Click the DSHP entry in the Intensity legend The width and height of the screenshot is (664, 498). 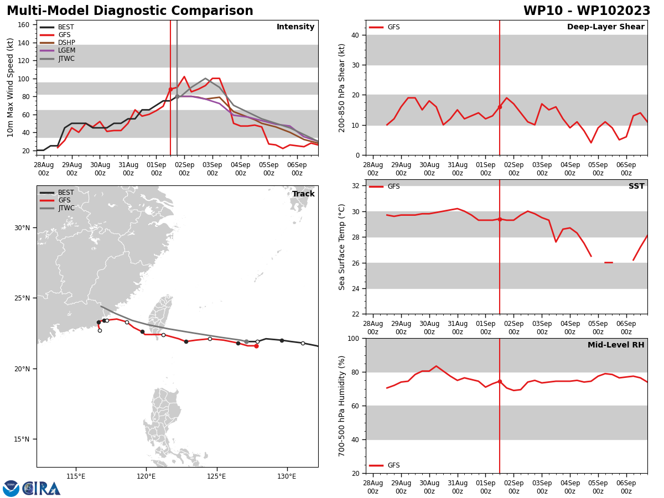pos(57,43)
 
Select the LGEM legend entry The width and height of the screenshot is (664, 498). pos(57,50)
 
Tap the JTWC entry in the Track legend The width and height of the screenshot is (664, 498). pos(57,209)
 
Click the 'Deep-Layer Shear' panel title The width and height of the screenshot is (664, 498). pos(605,27)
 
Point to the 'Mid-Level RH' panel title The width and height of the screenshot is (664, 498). pos(616,345)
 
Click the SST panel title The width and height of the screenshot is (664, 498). pos(636,186)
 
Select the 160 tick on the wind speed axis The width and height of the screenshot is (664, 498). pos(23,25)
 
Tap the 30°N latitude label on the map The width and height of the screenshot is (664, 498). pos(22,228)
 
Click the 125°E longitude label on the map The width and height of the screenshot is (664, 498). pos(216,477)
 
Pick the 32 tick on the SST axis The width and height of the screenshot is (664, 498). pos(356,186)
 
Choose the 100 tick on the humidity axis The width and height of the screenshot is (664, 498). pos(354,339)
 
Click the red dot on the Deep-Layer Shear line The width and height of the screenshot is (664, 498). pos(500,107)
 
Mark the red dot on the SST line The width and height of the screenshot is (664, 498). pos(500,220)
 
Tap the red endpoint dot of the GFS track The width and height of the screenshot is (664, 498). pos(257,346)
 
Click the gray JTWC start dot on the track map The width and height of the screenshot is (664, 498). pos(247,341)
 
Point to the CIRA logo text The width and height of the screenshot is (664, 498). pos(41,489)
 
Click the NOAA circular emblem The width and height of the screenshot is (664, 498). pos(11,489)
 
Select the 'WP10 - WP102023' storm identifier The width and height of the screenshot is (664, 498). pos(587,11)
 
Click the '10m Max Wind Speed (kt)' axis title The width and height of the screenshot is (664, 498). pos(10,87)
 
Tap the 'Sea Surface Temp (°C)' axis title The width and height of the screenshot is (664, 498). pos(341,247)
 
